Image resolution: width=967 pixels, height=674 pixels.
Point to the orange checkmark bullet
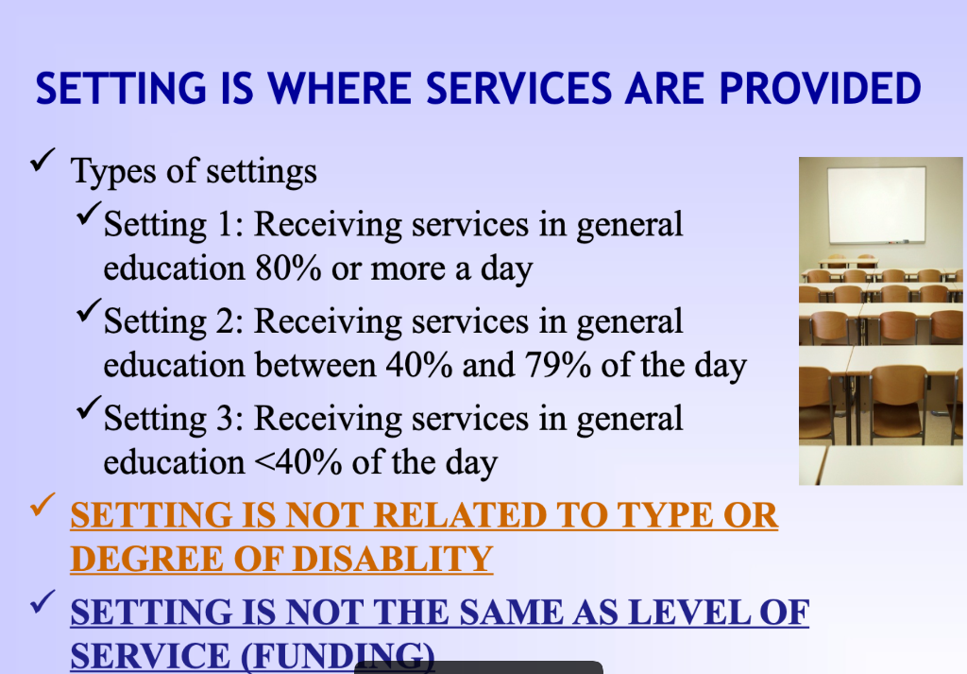point(42,507)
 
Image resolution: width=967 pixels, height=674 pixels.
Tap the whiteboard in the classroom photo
point(875,204)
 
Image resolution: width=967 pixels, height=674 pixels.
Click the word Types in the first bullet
point(108,172)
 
